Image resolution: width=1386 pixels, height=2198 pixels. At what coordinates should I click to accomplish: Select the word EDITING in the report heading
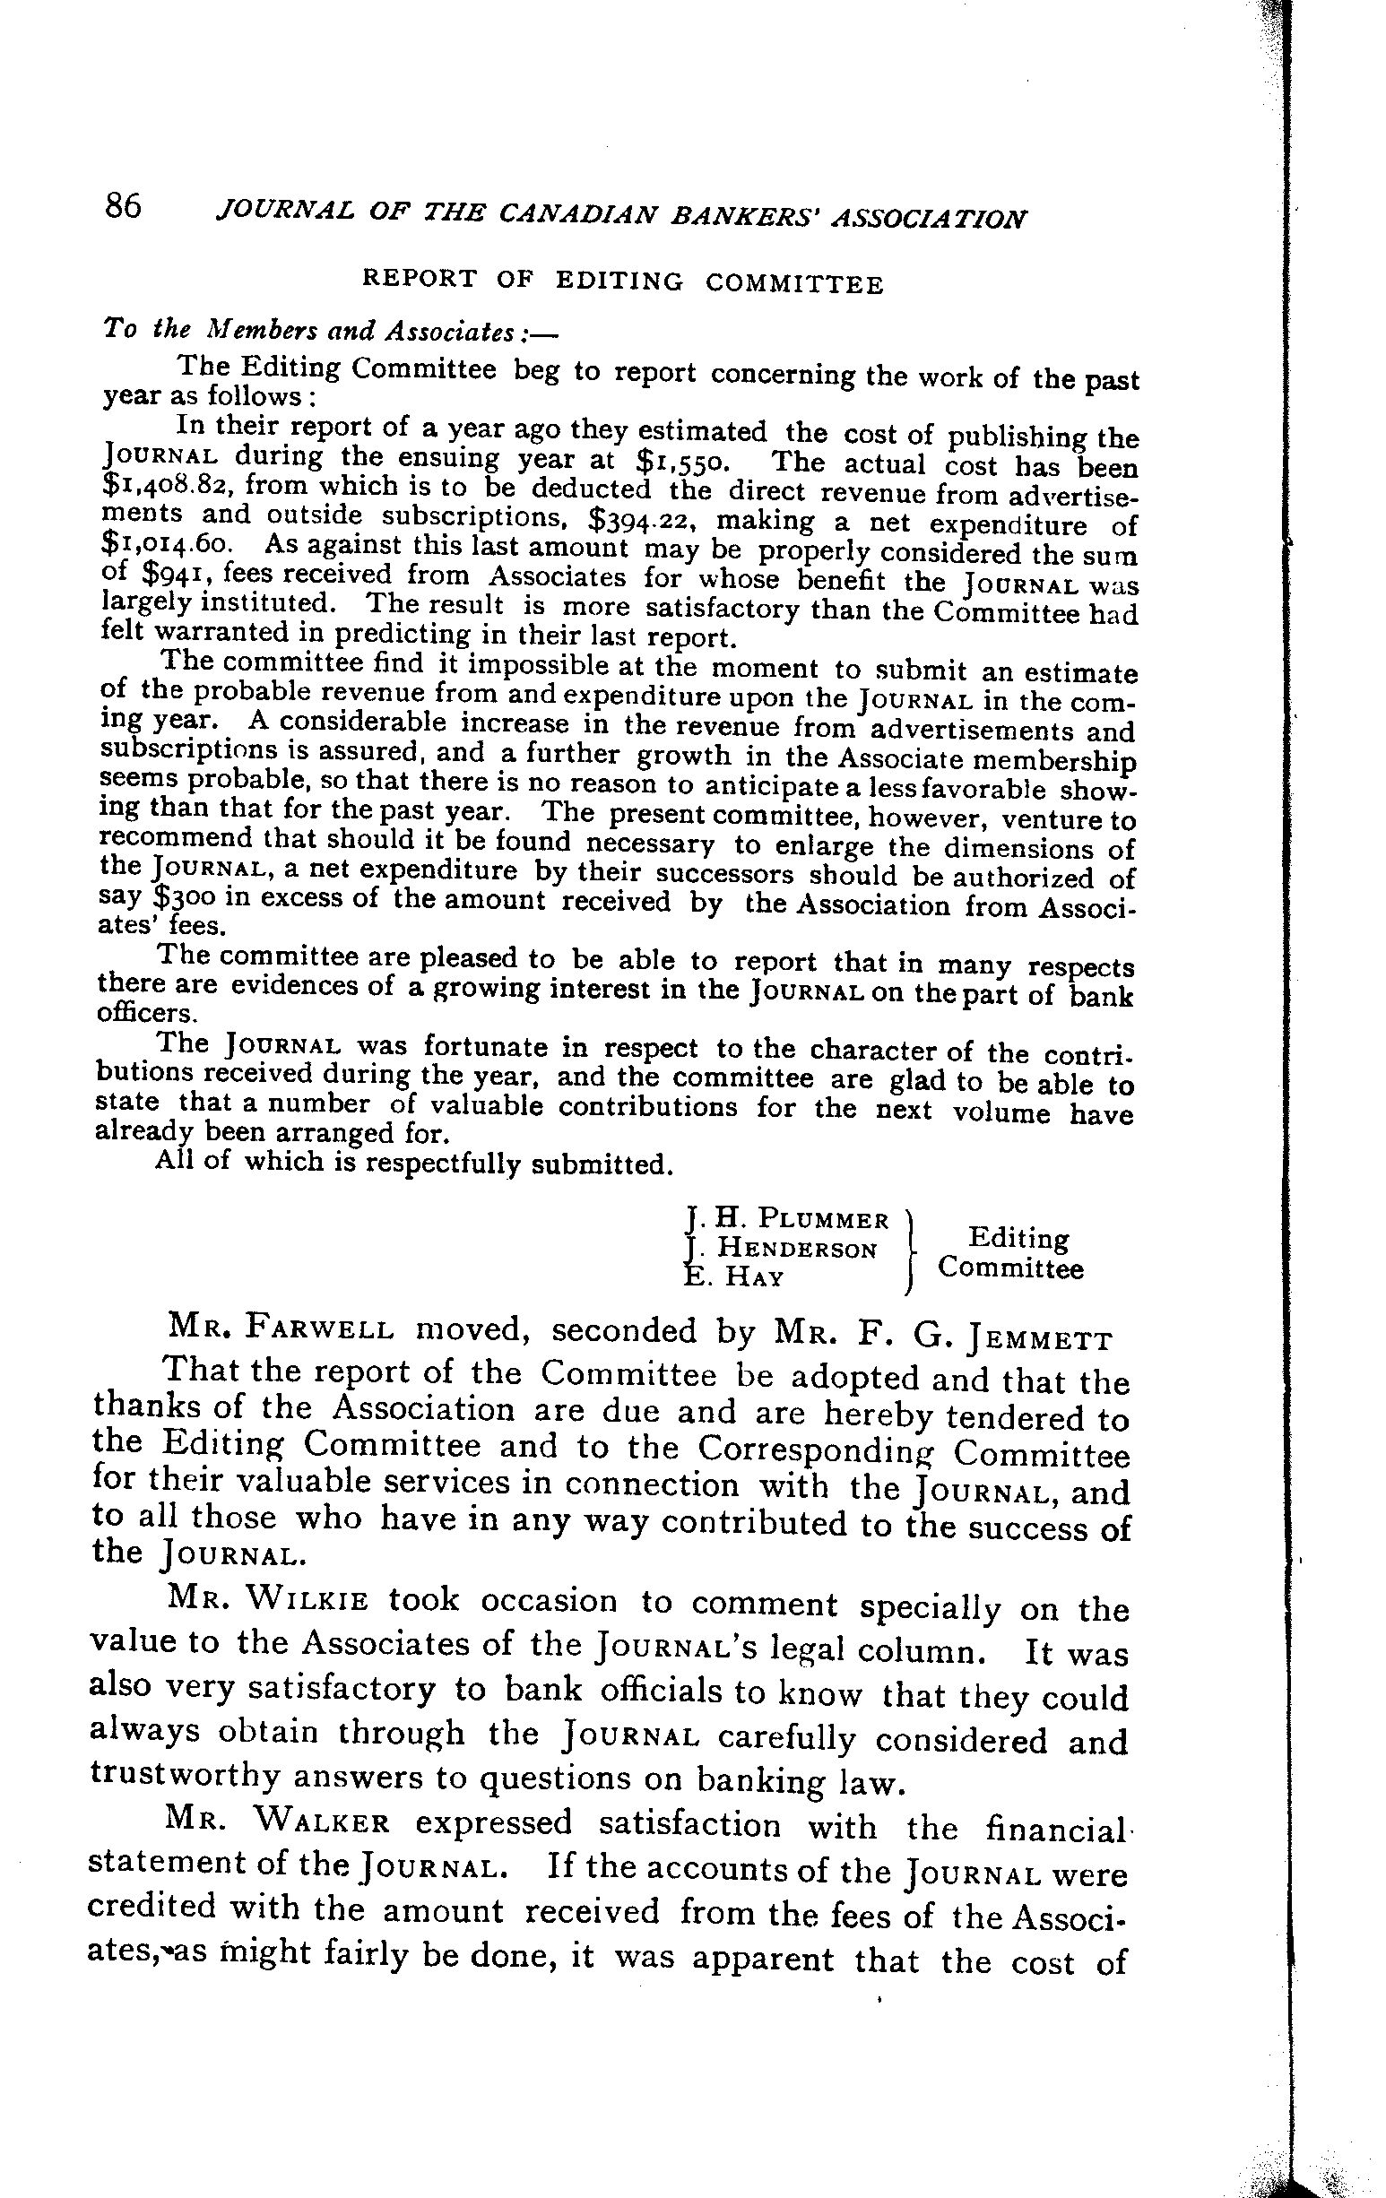(x=619, y=282)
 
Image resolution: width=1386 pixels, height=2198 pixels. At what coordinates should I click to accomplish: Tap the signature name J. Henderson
(x=782, y=1247)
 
